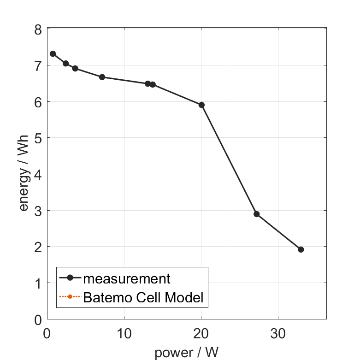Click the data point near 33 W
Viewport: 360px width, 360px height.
click(301, 249)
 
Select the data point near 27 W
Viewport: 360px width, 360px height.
click(257, 214)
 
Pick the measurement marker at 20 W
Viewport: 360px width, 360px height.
click(201, 105)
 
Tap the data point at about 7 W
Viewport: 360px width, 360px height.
click(102, 77)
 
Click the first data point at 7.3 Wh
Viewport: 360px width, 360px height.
click(53, 53)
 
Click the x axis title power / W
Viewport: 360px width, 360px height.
click(186, 353)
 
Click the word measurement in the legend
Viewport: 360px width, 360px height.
click(127, 278)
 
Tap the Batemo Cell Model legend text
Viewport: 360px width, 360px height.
click(143, 297)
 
